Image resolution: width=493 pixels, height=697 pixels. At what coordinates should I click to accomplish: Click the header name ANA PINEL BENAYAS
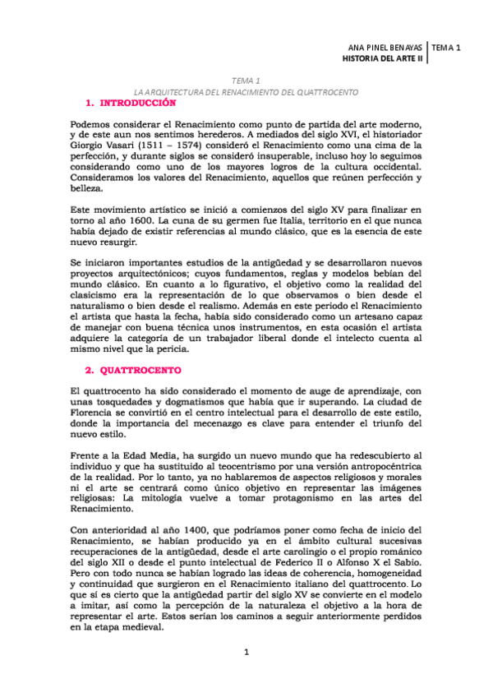tap(384, 48)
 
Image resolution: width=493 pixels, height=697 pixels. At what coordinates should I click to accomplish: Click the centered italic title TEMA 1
tap(246, 81)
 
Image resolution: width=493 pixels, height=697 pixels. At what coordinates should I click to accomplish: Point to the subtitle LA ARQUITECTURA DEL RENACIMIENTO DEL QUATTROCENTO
tap(246, 93)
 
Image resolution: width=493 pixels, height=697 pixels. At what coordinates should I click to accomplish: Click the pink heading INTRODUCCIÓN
tap(138, 104)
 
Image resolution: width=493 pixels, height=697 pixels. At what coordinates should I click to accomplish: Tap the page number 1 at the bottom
tap(246, 653)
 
